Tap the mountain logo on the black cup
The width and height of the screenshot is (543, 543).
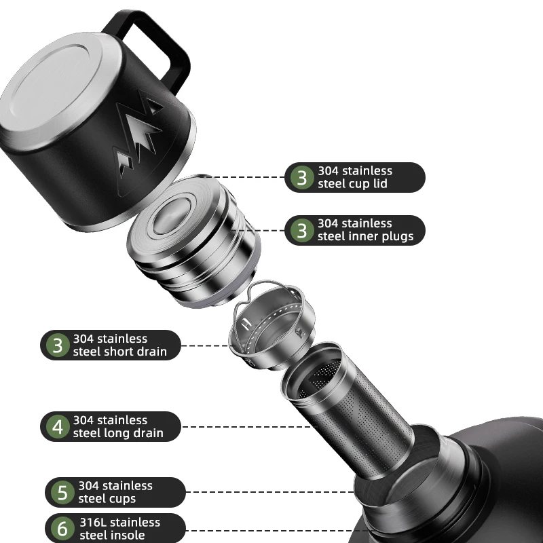(138, 138)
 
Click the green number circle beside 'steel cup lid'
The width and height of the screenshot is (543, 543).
(302, 177)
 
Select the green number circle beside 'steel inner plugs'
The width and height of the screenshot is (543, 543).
(302, 230)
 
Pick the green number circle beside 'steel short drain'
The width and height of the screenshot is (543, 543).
(58, 345)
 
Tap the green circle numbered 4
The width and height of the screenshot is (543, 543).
(58, 427)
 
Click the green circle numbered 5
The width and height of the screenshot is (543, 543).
(62, 493)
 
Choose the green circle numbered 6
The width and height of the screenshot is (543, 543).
(62, 529)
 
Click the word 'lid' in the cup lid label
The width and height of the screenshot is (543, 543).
(379, 183)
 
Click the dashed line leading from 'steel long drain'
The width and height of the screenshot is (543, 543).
(246, 427)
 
